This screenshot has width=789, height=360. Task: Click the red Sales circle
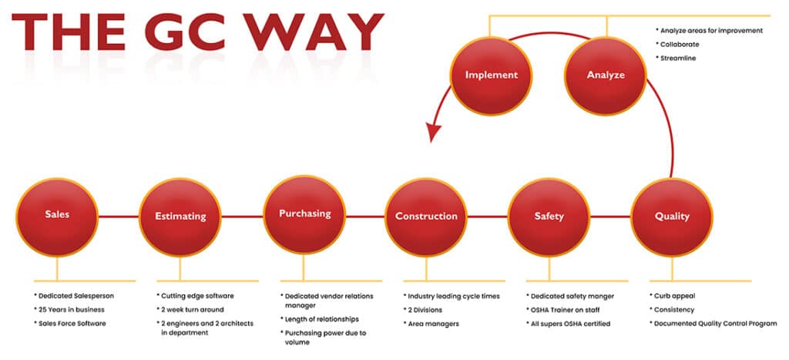pyautogui.click(x=57, y=215)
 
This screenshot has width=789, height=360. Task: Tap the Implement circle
pyautogui.click(x=491, y=75)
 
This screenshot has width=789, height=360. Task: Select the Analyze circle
pyautogui.click(x=606, y=75)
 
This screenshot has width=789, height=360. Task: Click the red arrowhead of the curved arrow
pyautogui.click(x=435, y=132)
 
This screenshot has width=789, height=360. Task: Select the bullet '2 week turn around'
pyautogui.click(x=191, y=309)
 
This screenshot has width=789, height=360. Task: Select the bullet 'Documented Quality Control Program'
pyautogui.click(x=713, y=323)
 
